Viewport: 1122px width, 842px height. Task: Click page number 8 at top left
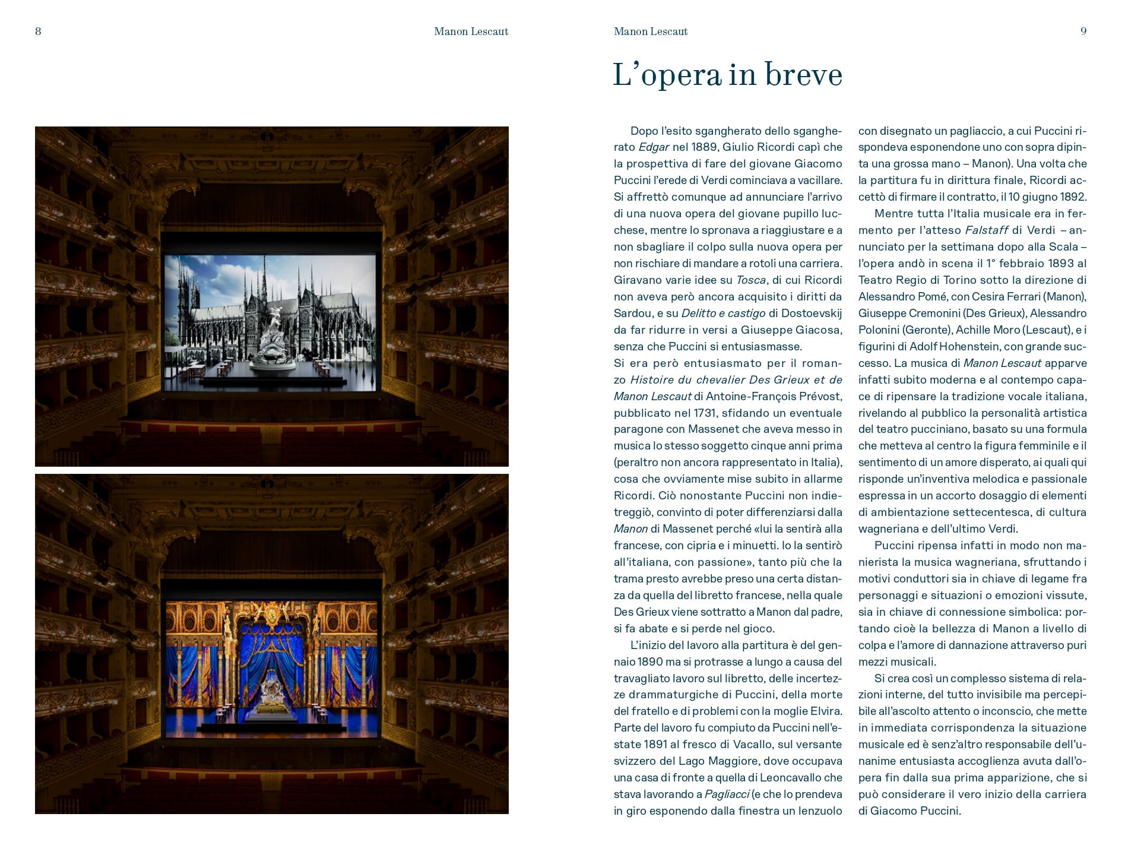38,31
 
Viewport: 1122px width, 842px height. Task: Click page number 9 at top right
1083,31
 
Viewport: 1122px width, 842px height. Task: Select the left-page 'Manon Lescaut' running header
471,31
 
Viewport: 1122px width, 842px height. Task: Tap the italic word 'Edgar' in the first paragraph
654,147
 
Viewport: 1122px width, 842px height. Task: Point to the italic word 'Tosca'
751,280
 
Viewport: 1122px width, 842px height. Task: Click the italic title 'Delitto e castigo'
723,314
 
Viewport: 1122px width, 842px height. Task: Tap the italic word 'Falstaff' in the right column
987,230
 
